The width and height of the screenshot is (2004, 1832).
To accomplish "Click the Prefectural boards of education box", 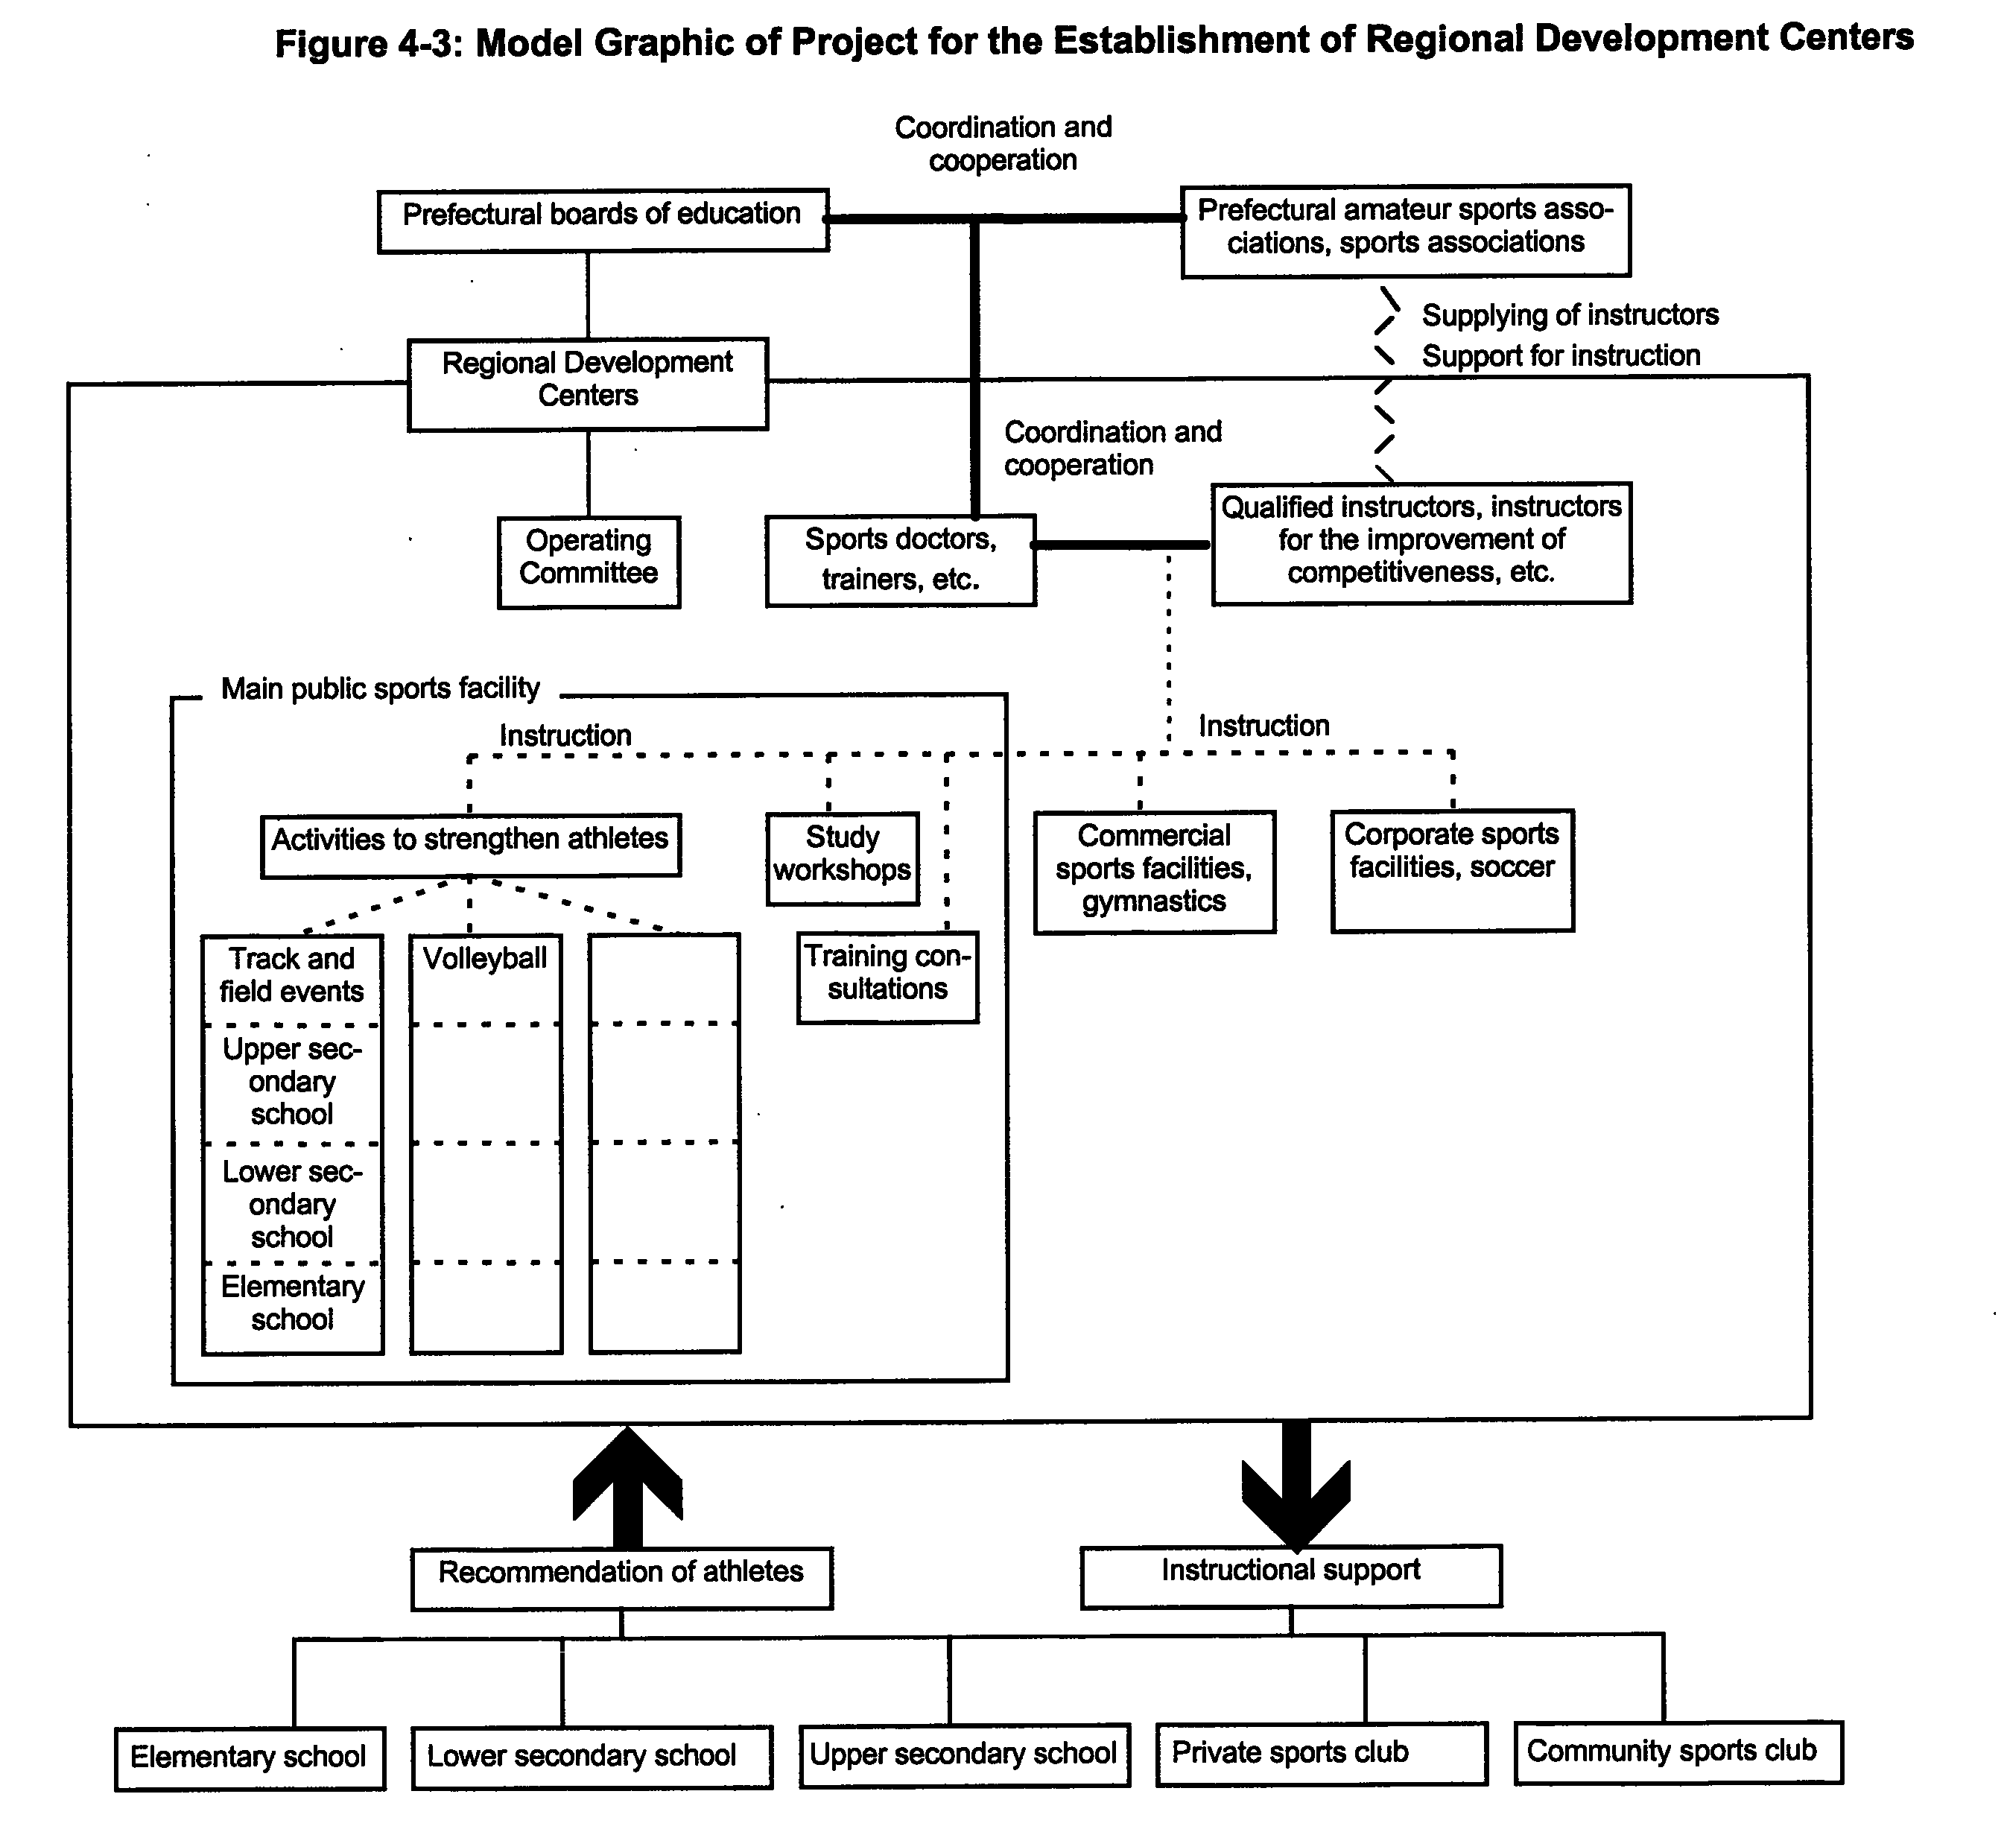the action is click(x=603, y=220).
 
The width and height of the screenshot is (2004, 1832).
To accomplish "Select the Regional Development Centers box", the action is click(x=588, y=384).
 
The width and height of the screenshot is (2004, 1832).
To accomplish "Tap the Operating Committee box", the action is click(x=589, y=562).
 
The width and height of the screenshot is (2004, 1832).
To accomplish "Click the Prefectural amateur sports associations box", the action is click(x=1406, y=231).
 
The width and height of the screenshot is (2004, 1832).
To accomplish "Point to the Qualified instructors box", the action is click(x=1421, y=544).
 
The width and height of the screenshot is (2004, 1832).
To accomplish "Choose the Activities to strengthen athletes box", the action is click(x=470, y=846).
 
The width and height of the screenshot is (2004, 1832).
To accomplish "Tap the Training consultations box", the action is click(x=888, y=977).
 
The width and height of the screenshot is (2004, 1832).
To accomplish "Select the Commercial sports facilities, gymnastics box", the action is click(x=1154, y=872).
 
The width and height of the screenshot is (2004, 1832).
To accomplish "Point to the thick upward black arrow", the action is click(x=627, y=1488).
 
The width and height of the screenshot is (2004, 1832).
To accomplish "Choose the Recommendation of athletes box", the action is click(x=621, y=1579).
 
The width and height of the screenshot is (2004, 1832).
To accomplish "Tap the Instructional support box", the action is click(x=1291, y=1576).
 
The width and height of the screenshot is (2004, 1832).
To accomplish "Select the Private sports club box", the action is click(x=1321, y=1755).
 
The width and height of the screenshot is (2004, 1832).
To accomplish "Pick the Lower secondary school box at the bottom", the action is click(x=592, y=1757).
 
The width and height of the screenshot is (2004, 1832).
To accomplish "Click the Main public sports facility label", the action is click(x=380, y=689).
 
